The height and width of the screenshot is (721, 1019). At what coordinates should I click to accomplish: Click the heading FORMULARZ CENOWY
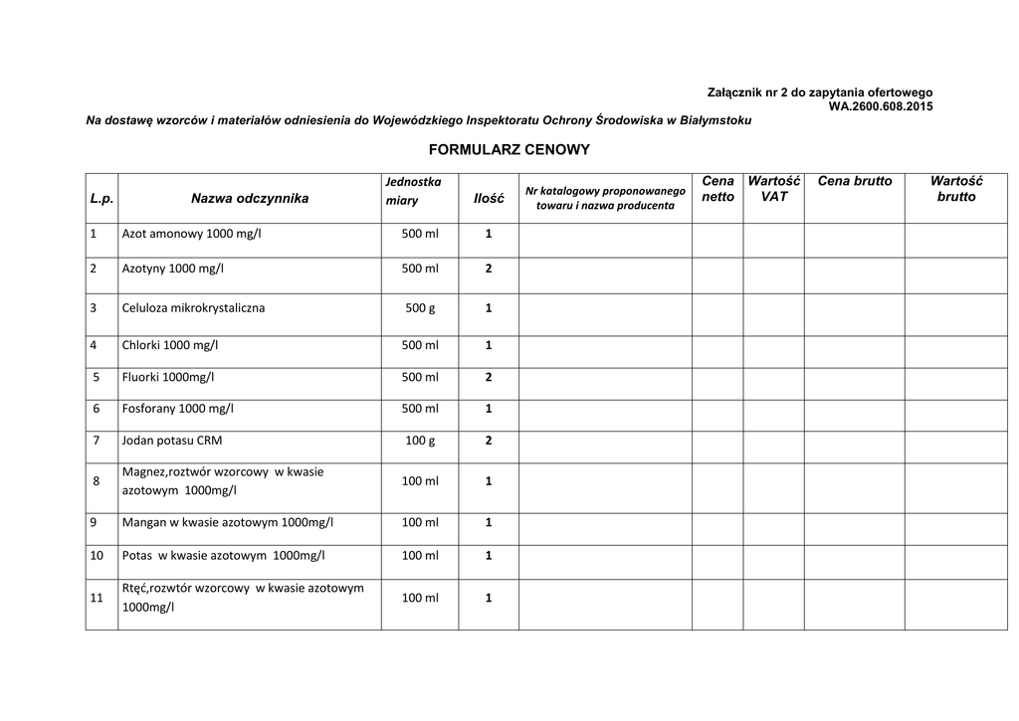[509, 150]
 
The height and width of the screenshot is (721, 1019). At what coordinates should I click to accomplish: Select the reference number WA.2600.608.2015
[881, 105]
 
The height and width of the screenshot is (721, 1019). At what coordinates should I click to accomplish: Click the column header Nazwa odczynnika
[250, 198]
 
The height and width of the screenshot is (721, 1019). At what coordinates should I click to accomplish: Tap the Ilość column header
[488, 199]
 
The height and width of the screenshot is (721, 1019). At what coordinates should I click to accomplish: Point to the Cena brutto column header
[855, 181]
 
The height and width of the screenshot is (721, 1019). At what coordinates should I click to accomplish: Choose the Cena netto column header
[717, 189]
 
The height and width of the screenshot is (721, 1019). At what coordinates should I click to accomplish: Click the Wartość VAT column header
[774, 189]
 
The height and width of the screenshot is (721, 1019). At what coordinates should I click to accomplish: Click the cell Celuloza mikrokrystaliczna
[193, 308]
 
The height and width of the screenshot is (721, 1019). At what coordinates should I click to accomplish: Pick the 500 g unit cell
[420, 308]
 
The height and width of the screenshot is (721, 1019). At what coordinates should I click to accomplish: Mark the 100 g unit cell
[420, 439]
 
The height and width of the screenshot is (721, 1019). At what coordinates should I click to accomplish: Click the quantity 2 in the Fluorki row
[489, 377]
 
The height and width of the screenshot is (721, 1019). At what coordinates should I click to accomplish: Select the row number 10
[97, 555]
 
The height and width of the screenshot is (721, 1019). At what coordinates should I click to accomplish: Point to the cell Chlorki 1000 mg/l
[169, 345]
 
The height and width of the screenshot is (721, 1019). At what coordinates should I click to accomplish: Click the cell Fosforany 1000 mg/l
[178, 408]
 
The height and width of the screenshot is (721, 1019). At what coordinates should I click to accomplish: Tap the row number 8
[97, 481]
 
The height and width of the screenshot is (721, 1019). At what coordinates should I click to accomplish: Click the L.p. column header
[102, 198]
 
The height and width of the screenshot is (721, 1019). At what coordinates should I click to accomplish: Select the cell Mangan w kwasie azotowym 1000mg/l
[228, 522]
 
